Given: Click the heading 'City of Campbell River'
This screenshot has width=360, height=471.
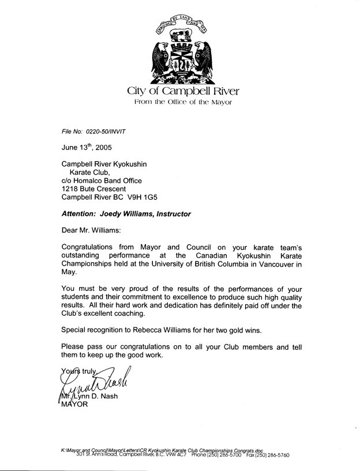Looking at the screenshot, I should (182, 91).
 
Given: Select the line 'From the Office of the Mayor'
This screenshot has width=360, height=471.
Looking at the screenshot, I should (182, 102).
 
